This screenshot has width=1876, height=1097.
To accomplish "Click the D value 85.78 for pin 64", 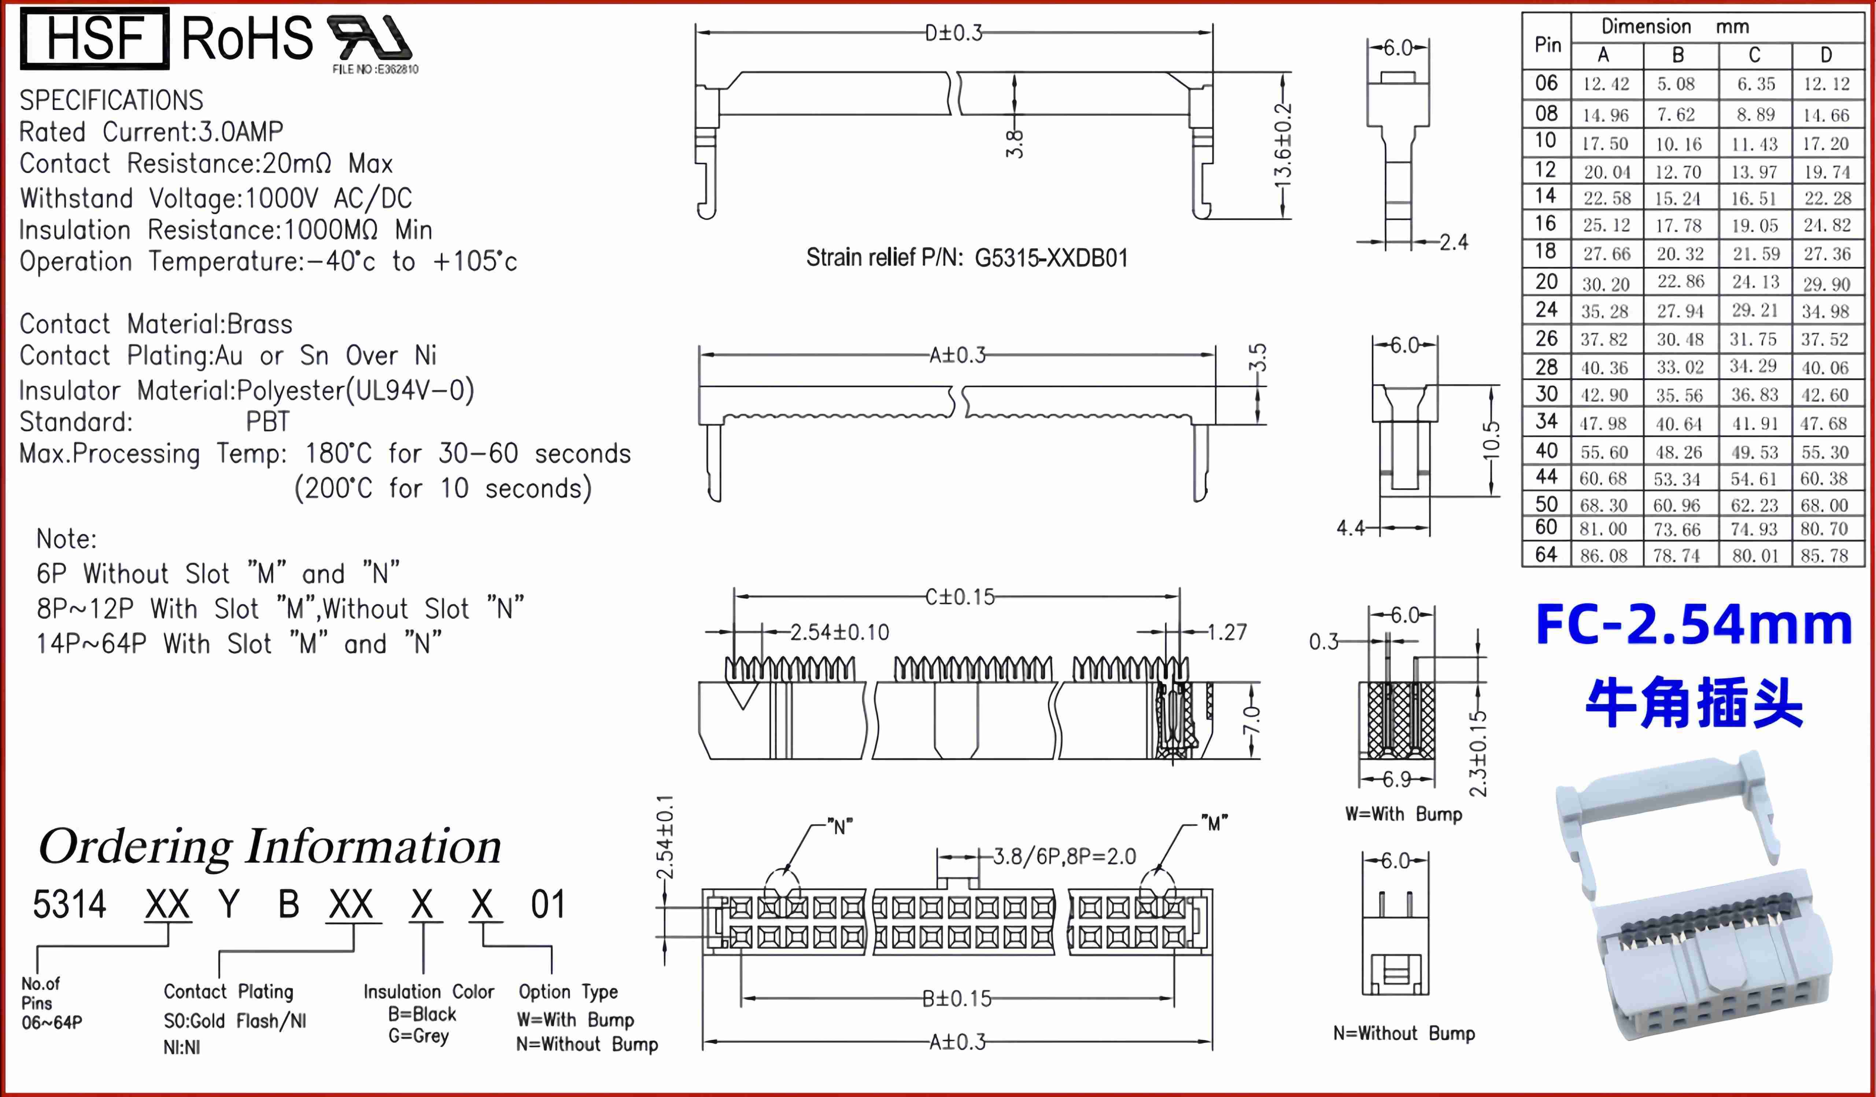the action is click(1825, 555).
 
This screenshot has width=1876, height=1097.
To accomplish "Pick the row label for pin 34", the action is click(1546, 422).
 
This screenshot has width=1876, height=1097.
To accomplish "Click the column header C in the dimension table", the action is click(1755, 55).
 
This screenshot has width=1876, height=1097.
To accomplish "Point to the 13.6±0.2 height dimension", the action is click(1282, 146).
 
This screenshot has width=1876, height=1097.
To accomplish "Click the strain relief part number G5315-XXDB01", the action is click(1051, 258).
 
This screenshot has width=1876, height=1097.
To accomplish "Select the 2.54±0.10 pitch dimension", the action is click(839, 632).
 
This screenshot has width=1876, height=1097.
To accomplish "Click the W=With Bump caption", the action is click(1403, 814).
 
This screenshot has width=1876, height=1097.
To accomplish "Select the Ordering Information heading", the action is click(269, 847).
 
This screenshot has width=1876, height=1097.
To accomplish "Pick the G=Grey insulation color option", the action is click(418, 1036).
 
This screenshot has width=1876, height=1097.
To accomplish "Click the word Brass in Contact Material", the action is click(260, 324).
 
